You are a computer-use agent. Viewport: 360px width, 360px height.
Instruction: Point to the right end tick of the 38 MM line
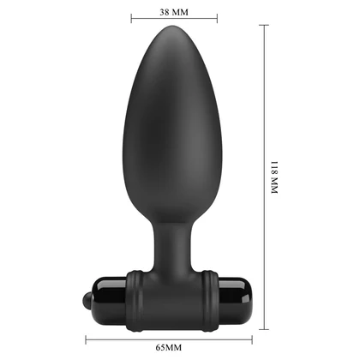tap(216, 16)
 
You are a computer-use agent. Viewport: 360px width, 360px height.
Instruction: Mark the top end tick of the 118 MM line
tap(261, 23)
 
